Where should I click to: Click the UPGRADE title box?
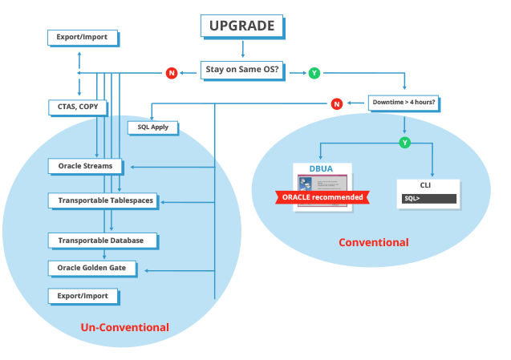241,26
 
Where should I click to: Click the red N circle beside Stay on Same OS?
171,73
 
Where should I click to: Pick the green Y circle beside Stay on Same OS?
314,73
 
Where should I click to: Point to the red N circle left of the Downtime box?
337,103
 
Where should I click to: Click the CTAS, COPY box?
78,107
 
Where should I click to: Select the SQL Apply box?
152,127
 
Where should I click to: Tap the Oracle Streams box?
86,166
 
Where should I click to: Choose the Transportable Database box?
101,240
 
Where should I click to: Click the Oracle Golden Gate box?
92,267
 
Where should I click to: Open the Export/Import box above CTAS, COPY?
82,37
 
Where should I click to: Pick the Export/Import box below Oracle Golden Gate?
83,296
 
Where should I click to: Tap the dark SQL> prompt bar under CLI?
429,198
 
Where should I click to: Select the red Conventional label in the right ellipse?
373,242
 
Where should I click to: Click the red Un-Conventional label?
124,327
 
